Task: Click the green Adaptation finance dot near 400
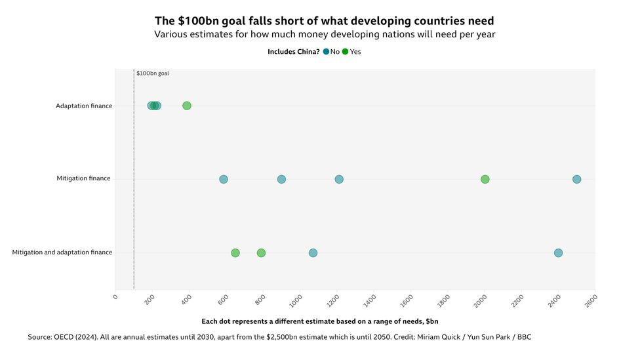coord(187,106)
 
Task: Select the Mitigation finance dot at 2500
coord(576,179)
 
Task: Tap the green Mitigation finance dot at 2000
coord(485,179)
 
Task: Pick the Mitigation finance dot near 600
coord(224,179)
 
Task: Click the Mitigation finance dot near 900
coord(281,179)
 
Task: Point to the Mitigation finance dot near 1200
coord(339,179)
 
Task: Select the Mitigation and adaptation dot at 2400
coord(558,252)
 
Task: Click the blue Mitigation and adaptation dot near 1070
coord(313,252)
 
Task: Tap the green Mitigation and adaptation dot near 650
coord(235,252)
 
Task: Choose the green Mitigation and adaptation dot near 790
coord(261,252)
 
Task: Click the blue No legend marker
coord(326,52)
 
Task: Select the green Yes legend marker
coord(346,52)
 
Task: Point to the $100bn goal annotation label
coord(153,73)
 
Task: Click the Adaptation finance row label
coord(84,106)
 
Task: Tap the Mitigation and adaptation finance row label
coord(62,252)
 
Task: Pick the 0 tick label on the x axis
coord(115,297)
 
